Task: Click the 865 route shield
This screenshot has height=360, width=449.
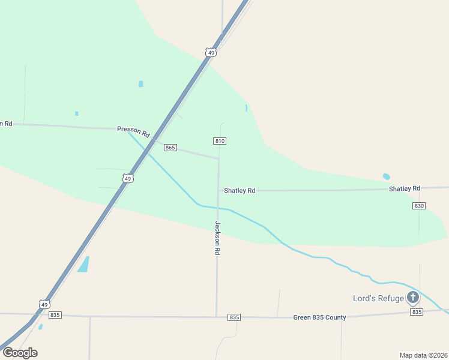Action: coord(170,148)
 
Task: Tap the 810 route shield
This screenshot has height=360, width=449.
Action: coord(219,141)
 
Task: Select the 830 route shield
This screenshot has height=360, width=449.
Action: coord(419,206)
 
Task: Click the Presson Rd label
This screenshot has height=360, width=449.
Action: coord(133,129)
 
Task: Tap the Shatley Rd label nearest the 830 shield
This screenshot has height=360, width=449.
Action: coord(404,188)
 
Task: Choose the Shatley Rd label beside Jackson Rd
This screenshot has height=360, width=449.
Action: coord(240,190)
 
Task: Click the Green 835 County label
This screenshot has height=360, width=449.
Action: coord(320,317)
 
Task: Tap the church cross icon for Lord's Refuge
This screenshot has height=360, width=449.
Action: coord(413,296)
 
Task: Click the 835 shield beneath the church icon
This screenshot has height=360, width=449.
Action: coord(416,312)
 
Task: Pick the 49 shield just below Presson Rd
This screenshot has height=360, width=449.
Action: coord(127,178)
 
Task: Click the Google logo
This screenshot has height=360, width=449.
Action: coord(20,353)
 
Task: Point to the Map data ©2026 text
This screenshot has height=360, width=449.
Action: coord(423,355)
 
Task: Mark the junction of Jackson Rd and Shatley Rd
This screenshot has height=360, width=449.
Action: coord(218,190)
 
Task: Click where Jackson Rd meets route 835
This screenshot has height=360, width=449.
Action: coord(216,316)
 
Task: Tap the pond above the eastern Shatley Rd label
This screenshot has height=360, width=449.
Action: coord(386,176)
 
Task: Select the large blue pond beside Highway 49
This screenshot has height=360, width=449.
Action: coord(83,264)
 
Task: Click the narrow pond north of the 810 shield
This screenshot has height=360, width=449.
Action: coord(246,108)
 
